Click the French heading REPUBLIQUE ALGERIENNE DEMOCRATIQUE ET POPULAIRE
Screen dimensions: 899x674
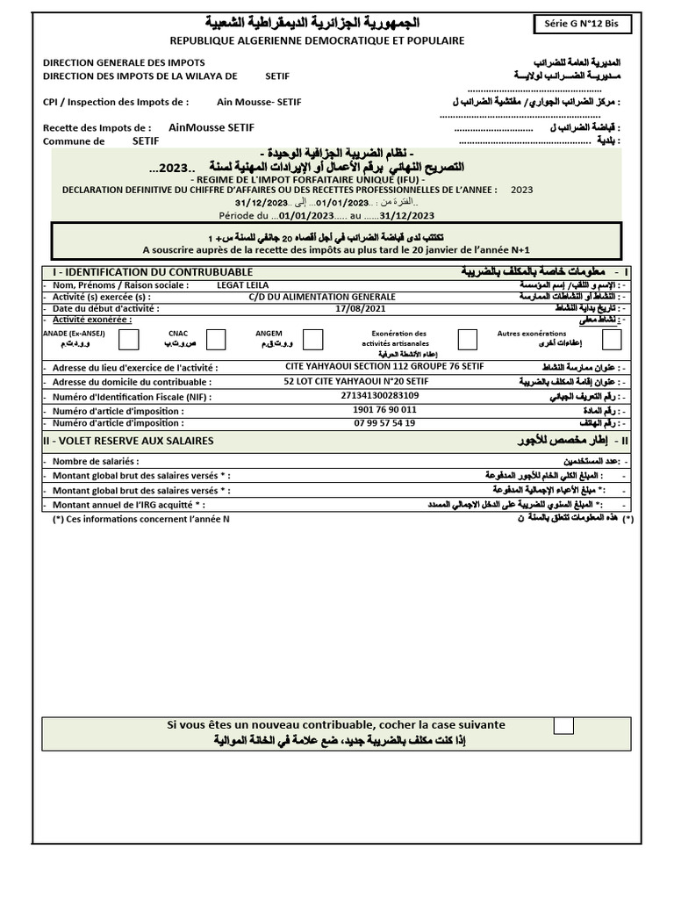click(317, 40)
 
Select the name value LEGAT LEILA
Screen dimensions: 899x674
click(242, 285)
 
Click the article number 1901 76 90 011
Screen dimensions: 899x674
click(384, 410)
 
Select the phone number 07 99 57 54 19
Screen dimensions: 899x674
click(384, 423)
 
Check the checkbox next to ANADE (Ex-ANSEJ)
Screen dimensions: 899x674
click(127, 340)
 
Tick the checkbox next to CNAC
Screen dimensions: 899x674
click(216, 340)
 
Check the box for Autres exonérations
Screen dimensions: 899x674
click(612, 340)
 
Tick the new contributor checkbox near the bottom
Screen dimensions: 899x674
click(563, 725)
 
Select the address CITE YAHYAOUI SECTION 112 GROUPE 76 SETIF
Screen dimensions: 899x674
click(384, 367)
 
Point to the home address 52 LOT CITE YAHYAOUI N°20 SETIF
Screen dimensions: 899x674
click(356, 382)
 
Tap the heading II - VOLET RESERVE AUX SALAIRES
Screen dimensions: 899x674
click(128, 441)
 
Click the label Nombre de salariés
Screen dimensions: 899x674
click(96, 462)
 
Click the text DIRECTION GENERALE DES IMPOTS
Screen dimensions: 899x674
click(124, 63)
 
